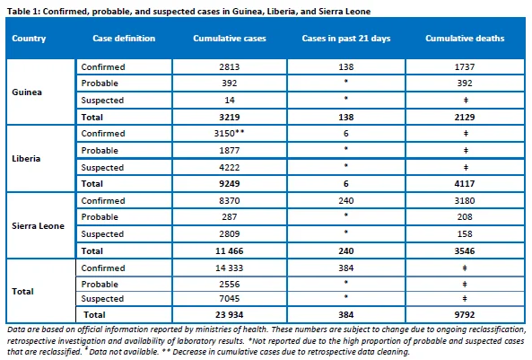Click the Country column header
click(29, 39)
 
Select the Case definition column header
click(124, 39)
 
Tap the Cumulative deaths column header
click(465, 39)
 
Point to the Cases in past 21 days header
click(346, 39)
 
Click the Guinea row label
click(27, 92)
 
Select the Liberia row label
click(26, 159)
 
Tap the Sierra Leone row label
click(38, 226)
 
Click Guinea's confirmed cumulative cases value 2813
click(230, 67)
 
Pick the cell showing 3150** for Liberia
click(229, 133)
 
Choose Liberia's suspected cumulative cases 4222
click(230, 168)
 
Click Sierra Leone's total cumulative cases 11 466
click(230, 251)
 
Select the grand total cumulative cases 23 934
click(230, 315)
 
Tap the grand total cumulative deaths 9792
click(465, 315)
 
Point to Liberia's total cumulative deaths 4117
click(465, 184)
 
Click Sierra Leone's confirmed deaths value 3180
click(465, 201)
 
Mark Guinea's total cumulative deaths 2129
click(465, 118)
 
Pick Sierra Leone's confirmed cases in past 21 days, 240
click(346, 201)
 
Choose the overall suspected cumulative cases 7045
click(230, 299)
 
